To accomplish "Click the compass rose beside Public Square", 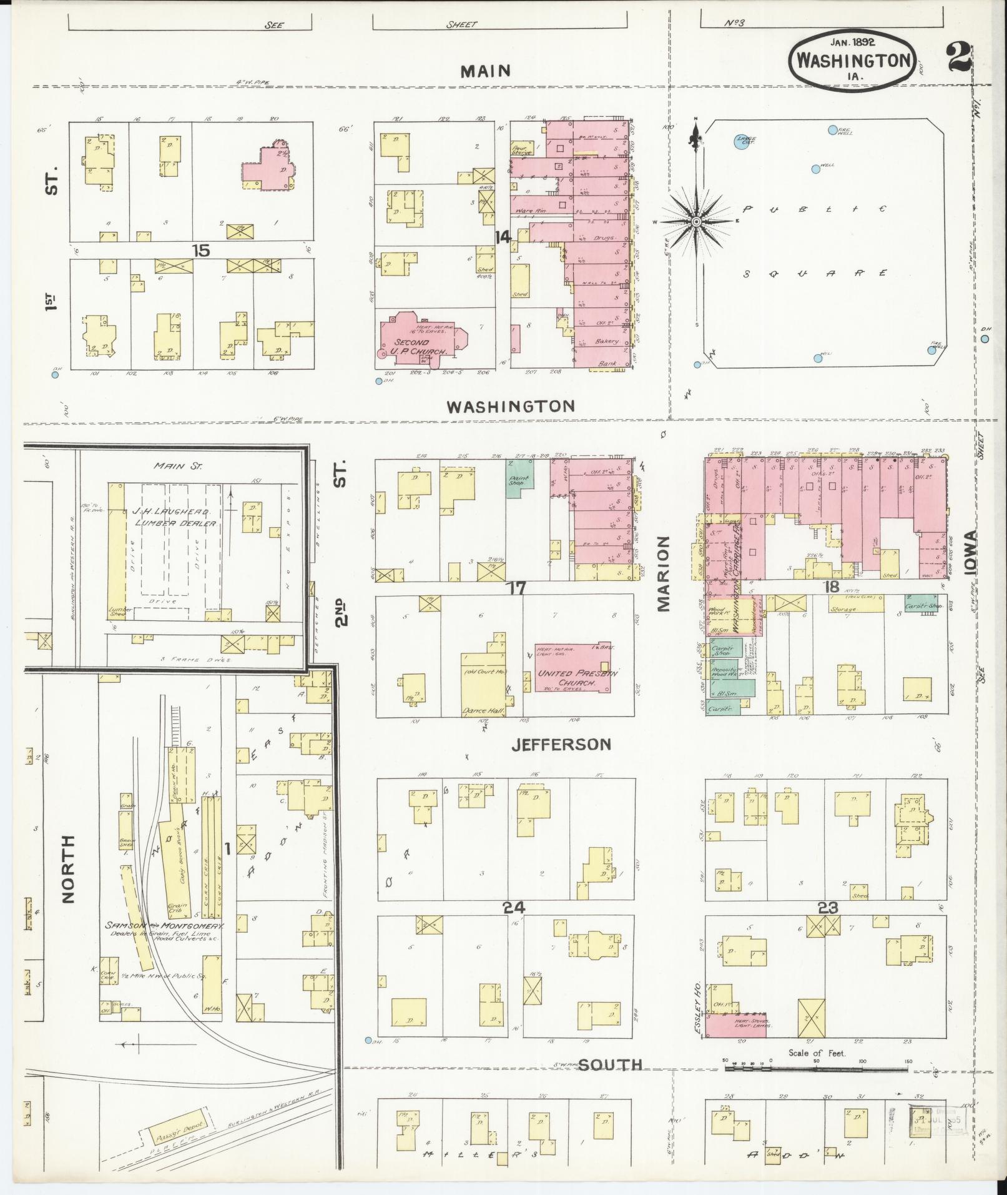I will pyautogui.click(x=695, y=221).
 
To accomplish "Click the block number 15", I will pyautogui.click(x=200, y=250).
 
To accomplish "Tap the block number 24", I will pyautogui.click(x=516, y=908).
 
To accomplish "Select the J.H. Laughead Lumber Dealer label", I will pyautogui.click(x=175, y=517).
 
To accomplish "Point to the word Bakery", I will pyautogui.click(x=606, y=341).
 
